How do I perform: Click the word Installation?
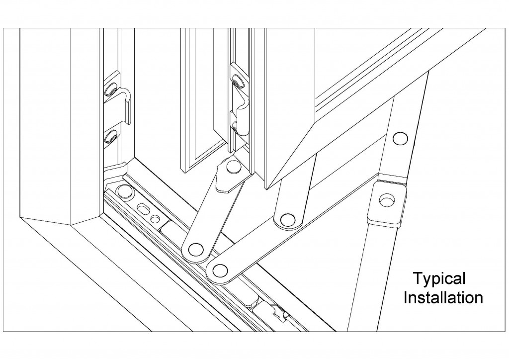click(443, 298)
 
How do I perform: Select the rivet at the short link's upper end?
click(233, 166)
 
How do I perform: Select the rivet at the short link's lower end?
click(195, 249)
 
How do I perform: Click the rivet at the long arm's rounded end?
click(220, 270)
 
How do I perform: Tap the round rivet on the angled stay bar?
click(400, 139)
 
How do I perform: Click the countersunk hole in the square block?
click(386, 199)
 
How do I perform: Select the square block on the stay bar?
click(386, 203)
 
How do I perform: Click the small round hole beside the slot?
click(156, 219)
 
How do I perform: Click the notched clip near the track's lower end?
click(280, 312)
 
